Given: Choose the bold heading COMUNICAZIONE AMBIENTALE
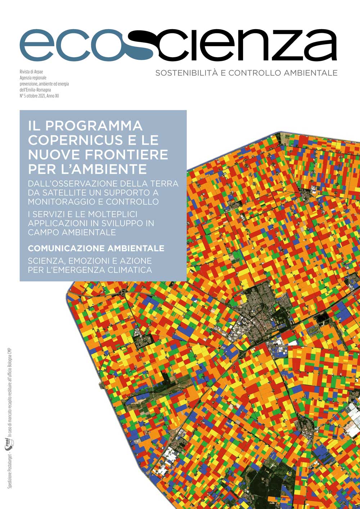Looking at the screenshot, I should tap(96, 248).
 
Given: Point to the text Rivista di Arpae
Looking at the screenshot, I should tap(31, 72).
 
